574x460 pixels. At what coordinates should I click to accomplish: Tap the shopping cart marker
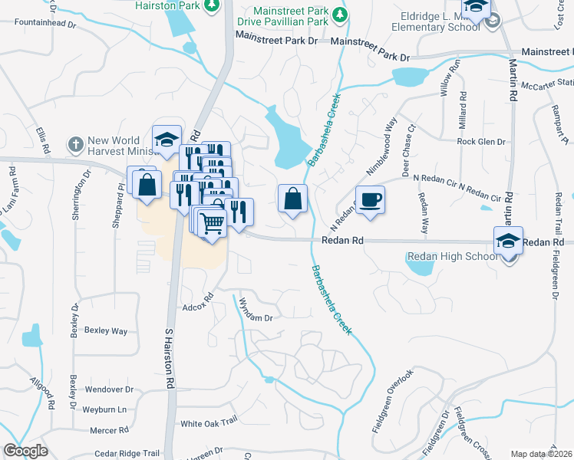coord(212,223)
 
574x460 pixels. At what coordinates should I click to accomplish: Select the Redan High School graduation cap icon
coord(508,242)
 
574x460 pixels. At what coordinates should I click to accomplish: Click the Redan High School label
coord(452,256)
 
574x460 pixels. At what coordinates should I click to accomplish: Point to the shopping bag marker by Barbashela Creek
coord(292,199)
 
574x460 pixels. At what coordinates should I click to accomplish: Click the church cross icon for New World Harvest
coord(75,143)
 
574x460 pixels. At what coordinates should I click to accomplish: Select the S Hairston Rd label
coord(170,357)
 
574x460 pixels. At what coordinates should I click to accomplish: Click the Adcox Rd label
coord(197,303)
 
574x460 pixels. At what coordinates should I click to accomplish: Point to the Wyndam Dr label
coord(256,310)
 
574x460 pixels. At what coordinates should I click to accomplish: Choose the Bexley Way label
coord(106,331)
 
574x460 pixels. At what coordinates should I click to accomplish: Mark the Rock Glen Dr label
coord(481,142)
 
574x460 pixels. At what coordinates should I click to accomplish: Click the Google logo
coord(25,451)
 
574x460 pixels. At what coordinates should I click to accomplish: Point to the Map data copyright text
coord(542,454)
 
